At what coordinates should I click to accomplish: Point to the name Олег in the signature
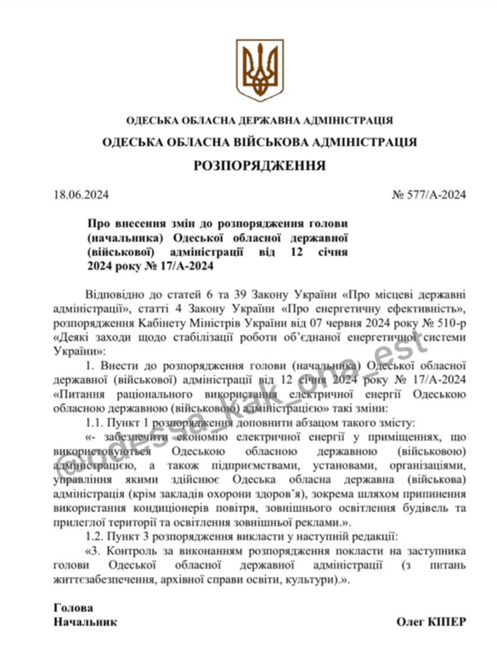point(409,622)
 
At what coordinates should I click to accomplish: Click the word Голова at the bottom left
point(73,608)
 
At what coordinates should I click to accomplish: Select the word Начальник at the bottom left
point(84,622)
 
